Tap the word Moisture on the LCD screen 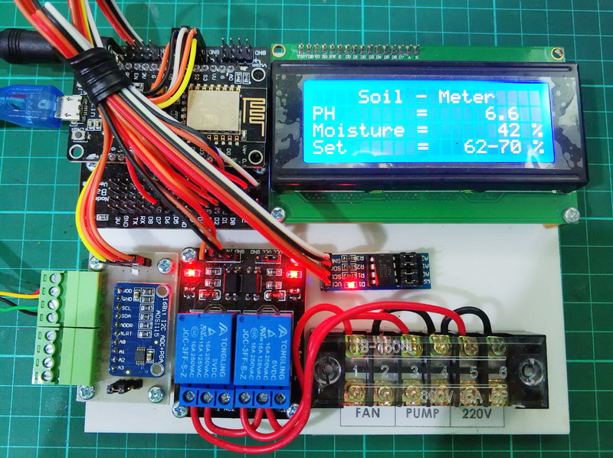pos(359,130)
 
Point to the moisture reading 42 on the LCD pos(493,130)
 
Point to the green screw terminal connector pos(64,326)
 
